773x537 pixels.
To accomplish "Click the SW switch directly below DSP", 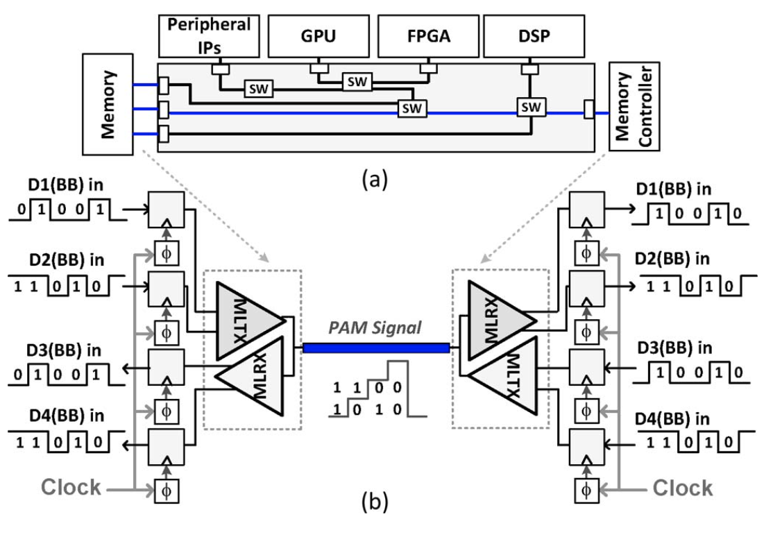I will point(532,107).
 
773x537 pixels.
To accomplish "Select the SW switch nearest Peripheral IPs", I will point(257,89).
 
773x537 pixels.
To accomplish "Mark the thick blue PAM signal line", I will point(375,348).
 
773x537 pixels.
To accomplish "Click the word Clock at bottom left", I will point(71,488).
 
